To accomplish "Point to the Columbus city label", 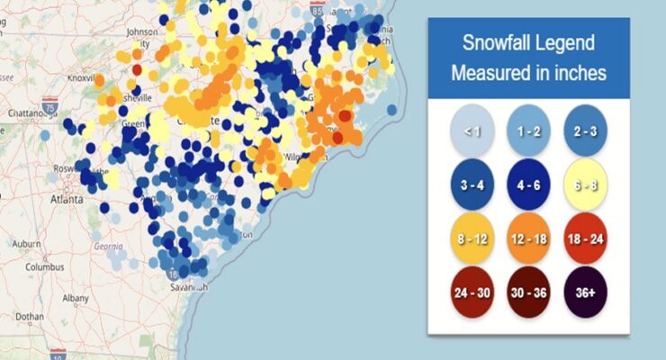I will pyautogui.click(x=44, y=267).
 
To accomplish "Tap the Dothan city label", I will pyautogui.click(x=30, y=316).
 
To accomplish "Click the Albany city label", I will pyautogui.click(x=76, y=298).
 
